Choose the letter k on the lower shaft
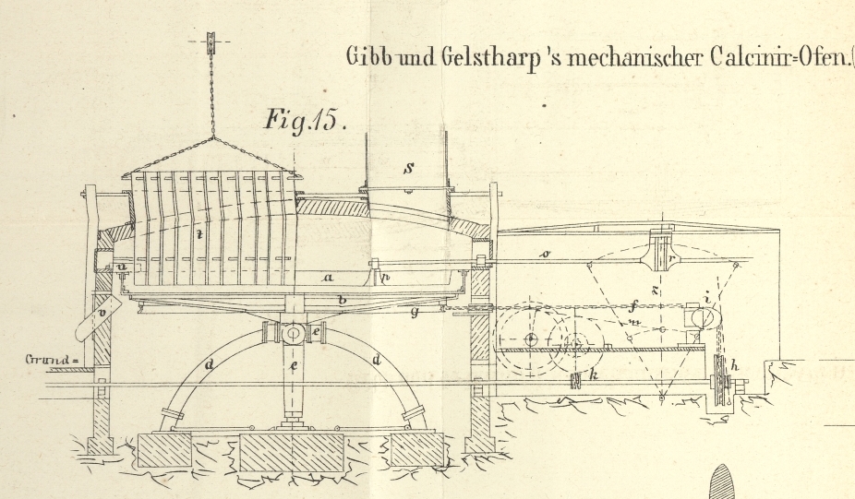pyautogui.click(x=594, y=378)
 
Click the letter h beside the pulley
pyautogui.click(x=735, y=365)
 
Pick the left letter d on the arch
pyautogui.click(x=211, y=364)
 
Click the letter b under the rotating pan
pyautogui.click(x=342, y=300)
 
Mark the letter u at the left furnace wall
pyautogui.click(x=122, y=266)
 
